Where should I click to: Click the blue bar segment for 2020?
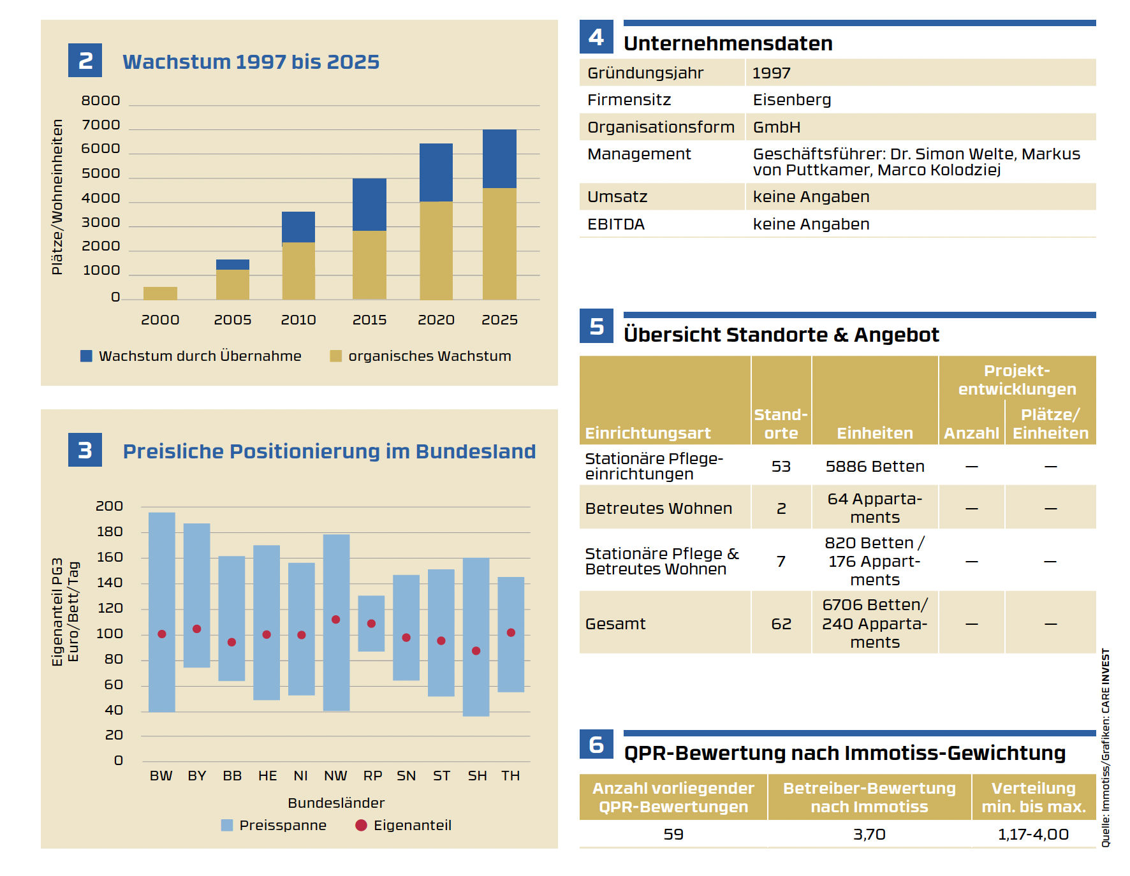pyautogui.click(x=436, y=172)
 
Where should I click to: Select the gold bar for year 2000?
pyautogui.click(x=160, y=293)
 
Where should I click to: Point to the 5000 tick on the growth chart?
pyautogui.click(x=101, y=173)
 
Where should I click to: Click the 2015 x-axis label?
pyautogui.click(x=369, y=319)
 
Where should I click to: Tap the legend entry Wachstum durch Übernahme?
pyautogui.click(x=191, y=356)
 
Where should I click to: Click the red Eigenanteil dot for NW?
pyautogui.click(x=336, y=620)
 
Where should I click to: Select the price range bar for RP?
pyautogui.click(x=371, y=624)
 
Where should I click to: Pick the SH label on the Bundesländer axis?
pyautogui.click(x=477, y=776)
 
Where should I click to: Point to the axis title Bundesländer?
pyautogui.click(x=336, y=803)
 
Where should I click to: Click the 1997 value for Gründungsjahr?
pyautogui.click(x=771, y=73)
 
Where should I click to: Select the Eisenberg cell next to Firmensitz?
pyautogui.click(x=792, y=100)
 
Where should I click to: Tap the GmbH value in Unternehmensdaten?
pyautogui.click(x=777, y=128)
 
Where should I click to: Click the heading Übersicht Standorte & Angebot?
pyautogui.click(x=781, y=335)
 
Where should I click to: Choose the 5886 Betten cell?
pyautogui.click(x=875, y=467)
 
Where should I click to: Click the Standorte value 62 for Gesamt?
pyautogui.click(x=781, y=624)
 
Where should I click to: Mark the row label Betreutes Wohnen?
pyautogui.click(x=659, y=508)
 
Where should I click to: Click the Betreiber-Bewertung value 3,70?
pyautogui.click(x=869, y=834)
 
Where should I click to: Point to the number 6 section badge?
pyautogui.click(x=596, y=744)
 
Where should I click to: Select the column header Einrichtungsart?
pyautogui.click(x=647, y=433)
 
